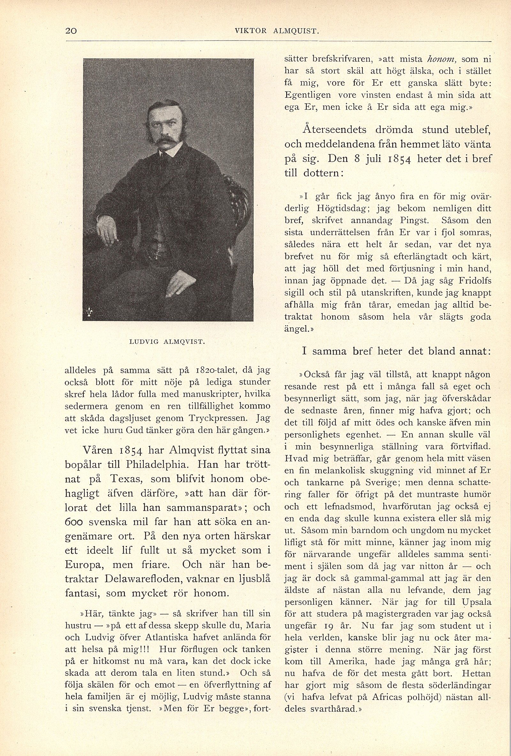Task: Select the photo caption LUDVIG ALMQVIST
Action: [x=167, y=342]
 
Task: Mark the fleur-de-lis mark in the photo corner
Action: [x=90, y=312]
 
